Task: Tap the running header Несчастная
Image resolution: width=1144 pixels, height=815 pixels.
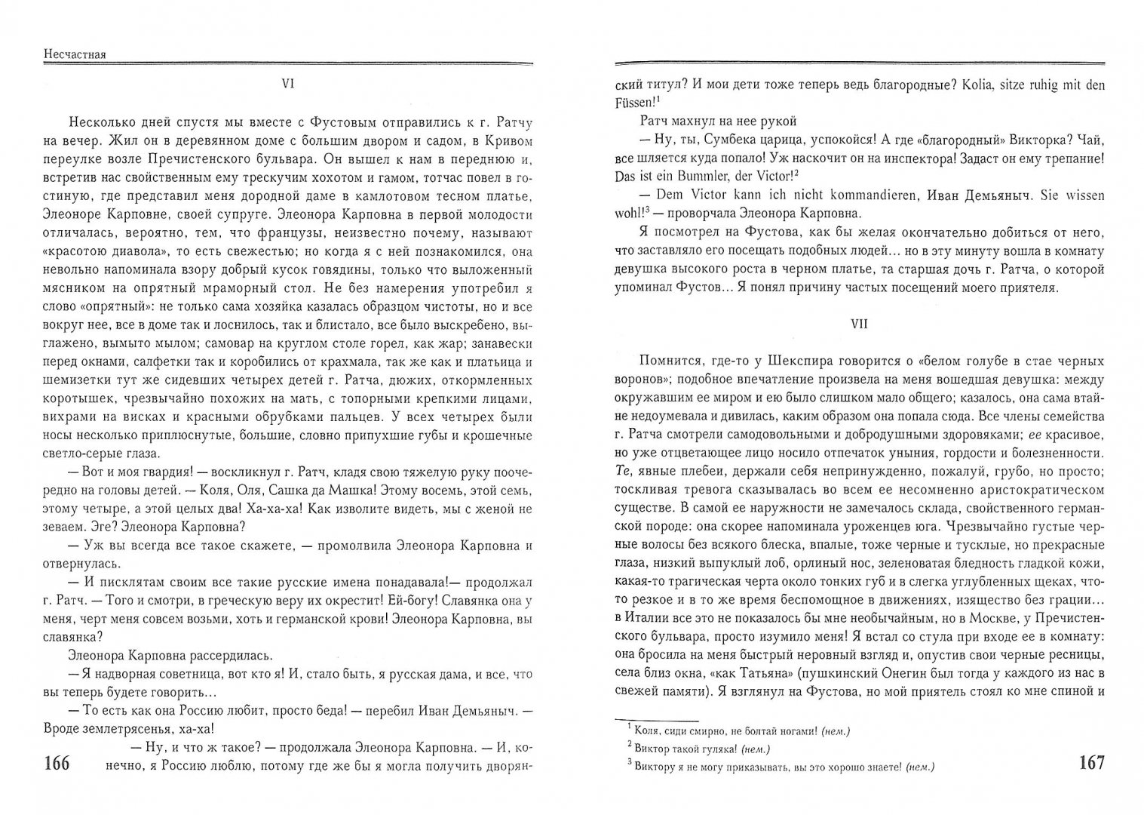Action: tap(75, 54)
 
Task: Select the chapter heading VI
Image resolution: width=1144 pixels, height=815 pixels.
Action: tap(287, 85)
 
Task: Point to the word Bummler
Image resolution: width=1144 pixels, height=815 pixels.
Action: tap(693, 175)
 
